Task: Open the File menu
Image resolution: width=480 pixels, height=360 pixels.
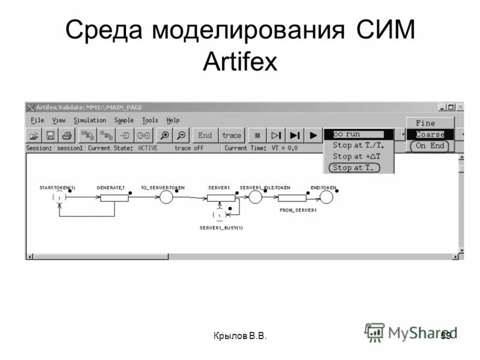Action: pos(37,121)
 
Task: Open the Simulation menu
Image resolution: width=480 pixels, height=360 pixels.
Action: pos(89,121)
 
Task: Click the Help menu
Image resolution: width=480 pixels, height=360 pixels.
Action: pos(173,121)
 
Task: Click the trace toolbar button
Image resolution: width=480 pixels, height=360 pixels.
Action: pos(231,135)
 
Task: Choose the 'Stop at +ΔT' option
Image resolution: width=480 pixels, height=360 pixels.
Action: pos(356,157)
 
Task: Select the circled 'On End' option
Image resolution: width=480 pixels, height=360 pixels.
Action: pos(430,146)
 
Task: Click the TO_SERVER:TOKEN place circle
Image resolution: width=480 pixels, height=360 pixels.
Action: pos(166,197)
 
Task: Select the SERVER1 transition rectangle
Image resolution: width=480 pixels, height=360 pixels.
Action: pos(220,198)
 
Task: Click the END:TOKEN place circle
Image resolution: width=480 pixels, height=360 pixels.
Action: pos(326,197)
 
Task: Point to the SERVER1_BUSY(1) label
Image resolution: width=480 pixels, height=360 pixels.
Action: pos(221,228)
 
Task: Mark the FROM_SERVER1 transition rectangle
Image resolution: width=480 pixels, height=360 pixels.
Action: pos(292,198)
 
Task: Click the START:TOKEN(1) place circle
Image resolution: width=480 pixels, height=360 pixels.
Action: pos(59,197)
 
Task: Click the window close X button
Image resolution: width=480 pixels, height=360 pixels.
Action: pos(460,107)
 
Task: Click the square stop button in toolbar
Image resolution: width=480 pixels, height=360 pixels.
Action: pos(257,135)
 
